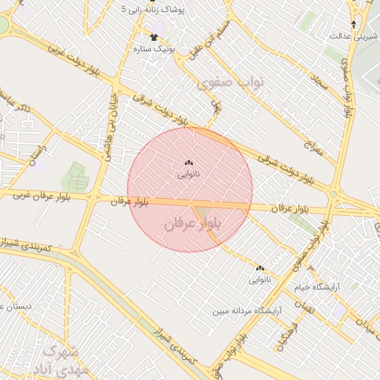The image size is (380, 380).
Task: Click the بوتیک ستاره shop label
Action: pyautogui.click(x=153, y=49)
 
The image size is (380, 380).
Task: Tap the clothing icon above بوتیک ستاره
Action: pyautogui.click(x=154, y=36)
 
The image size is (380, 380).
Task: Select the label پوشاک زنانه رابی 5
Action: pyautogui.click(x=155, y=11)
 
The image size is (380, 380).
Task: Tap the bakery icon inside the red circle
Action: pyautogui.click(x=188, y=163)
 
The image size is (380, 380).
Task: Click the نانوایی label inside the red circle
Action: pyautogui.click(x=188, y=175)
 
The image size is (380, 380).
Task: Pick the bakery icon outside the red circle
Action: pyautogui.click(x=260, y=269)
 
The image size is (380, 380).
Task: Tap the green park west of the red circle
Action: pyautogui.click(x=77, y=176)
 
